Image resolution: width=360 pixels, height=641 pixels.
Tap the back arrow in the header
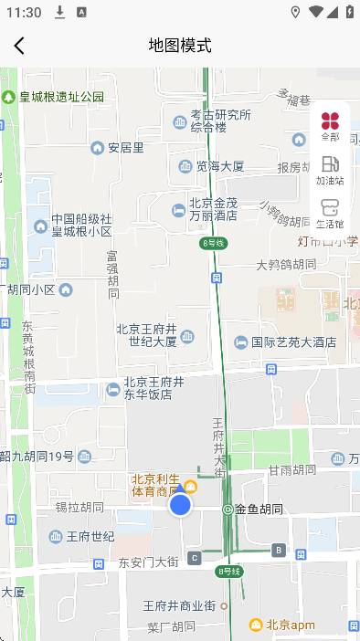19,46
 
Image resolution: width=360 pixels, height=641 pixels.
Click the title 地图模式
180,46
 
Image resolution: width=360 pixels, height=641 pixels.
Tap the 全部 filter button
330,126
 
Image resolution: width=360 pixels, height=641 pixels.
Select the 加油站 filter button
330,170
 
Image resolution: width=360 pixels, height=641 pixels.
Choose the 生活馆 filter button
330,213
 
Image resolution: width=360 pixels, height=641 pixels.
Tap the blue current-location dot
181,504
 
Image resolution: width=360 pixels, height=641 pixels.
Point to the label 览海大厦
219,166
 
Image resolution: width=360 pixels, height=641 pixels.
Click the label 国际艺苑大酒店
293,342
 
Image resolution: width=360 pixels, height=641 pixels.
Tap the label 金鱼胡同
259,509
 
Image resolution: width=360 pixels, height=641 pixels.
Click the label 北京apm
290,625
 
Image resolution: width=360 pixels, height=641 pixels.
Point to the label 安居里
125,147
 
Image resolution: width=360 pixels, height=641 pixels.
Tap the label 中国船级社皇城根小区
80,226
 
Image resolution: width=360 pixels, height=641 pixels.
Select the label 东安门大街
149,562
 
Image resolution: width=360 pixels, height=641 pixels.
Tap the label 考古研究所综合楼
220,121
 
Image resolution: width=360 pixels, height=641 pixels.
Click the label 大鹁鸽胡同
286,265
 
